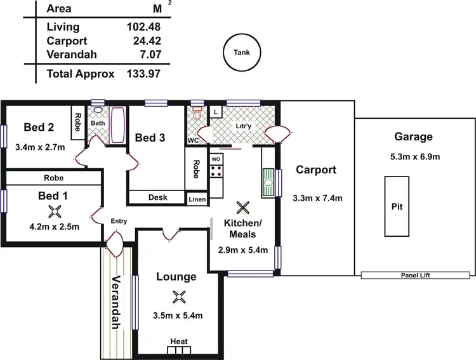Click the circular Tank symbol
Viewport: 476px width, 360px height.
(x=242, y=53)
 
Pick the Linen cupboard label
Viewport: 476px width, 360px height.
(x=197, y=199)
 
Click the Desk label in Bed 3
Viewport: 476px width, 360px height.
(x=157, y=197)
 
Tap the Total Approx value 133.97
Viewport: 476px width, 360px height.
(x=143, y=74)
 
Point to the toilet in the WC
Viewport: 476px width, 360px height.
(x=197, y=115)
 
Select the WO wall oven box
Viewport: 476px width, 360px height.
(x=216, y=159)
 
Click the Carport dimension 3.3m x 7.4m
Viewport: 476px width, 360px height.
(x=318, y=198)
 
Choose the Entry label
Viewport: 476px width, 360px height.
(x=119, y=221)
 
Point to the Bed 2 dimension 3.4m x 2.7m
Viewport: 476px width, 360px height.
(x=39, y=147)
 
